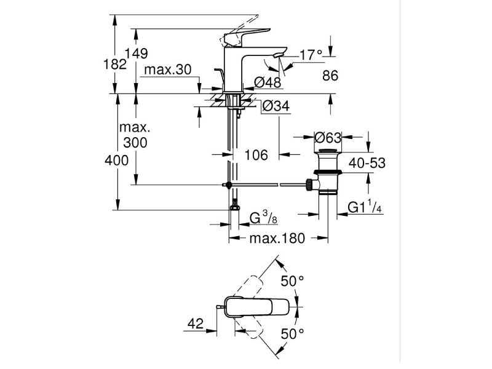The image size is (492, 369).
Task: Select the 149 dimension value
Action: coord(137,54)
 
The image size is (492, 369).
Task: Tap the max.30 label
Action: coord(167,70)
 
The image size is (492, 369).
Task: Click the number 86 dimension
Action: coord(331,77)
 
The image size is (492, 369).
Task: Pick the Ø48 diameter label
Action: coord(267,82)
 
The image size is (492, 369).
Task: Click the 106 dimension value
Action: coord(256,156)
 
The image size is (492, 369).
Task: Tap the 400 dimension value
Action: coord(116,161)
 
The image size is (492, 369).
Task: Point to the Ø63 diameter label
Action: coord(328,137)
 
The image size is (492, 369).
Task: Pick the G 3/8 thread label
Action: coord(264,217)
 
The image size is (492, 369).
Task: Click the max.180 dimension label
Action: coord(277,239)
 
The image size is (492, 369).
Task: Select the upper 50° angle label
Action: coord(293,281)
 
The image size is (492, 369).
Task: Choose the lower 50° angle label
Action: coord(293,334)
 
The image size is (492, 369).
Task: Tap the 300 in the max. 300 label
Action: coord(135,143)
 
